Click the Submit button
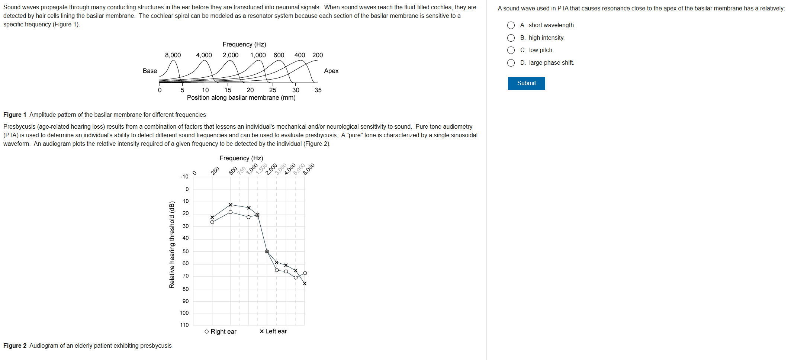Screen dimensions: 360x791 click(x=526, y=83)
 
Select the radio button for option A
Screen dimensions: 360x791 click(x=511, y=25)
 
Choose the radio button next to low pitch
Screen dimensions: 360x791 click(x=511, y=50)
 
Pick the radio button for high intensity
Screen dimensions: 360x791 click(x=511, y=38)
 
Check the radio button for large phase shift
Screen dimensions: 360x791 click(x=511, y=63)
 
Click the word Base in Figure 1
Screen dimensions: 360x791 click(x=150, y=71)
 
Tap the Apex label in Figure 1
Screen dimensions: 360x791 click(x=331, y=71)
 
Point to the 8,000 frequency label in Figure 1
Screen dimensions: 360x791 click(x=173, y=55)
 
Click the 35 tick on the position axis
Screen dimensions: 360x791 click(x=318, y=90)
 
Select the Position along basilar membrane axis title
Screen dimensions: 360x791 click(x=241, y=98)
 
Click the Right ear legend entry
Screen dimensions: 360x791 click(x=221, y=331)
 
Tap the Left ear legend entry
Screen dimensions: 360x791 click(x=273, y=331)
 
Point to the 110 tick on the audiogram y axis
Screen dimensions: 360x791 click(x=184, y=325)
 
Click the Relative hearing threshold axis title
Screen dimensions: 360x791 click(x=172, y=245)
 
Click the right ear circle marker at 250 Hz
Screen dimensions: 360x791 click(x=212, y=222)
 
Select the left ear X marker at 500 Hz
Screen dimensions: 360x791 click(x=231, y=205)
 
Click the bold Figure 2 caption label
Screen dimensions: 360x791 click(x=15, y=346)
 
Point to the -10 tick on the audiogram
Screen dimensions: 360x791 click(x=184, y=177)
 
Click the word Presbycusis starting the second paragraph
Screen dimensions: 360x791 click(x=19, y=127)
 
